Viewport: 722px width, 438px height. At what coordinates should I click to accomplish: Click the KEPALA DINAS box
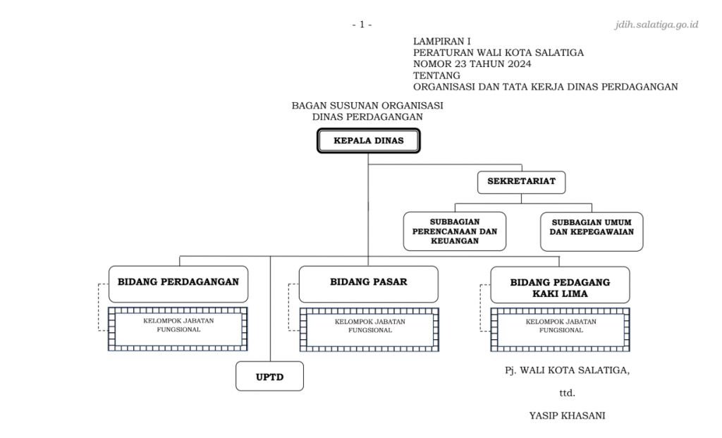coord(368,140)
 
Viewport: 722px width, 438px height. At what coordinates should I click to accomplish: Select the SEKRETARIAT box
coord(521,182)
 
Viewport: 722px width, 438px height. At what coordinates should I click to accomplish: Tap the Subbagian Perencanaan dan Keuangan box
coord(455,231)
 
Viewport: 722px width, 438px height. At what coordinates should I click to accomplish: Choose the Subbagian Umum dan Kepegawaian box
coord(592,231)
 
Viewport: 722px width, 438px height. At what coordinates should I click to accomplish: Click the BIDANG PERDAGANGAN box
coord(178,284)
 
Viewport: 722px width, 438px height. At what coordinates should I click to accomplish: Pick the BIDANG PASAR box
coord(368,284)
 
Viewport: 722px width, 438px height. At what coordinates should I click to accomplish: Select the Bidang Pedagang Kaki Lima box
coord(560,285)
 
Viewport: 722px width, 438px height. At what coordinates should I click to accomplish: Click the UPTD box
coord(269,376)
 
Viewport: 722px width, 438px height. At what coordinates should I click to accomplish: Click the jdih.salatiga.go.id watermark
coord(656,25)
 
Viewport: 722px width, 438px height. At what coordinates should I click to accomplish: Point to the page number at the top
coord(362,25)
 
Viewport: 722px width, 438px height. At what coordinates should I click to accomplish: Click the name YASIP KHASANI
coord(567,415)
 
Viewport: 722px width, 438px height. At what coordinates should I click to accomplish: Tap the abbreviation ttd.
coord(567,394)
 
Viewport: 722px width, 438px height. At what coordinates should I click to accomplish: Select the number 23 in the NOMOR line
coord(461,64)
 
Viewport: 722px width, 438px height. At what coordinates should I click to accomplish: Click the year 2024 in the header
coord(520,64)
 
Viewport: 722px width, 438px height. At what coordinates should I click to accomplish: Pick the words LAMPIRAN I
coord(441,42)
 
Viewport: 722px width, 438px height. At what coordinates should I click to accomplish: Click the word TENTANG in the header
coord(436,75)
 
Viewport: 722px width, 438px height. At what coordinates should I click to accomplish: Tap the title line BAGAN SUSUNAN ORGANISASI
coord(367,106)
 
